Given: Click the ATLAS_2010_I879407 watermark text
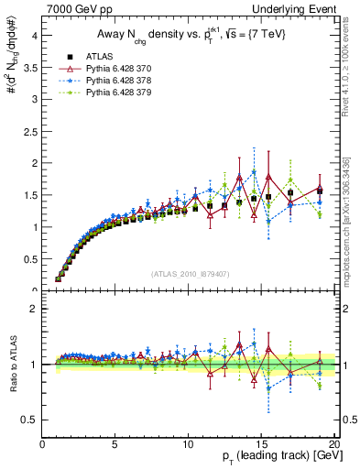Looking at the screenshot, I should pos(190,274).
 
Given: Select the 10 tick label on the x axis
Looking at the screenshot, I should pos(188,443).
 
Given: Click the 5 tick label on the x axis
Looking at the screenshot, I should pos(115,443).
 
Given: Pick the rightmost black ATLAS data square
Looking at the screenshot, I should pos(319,191).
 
